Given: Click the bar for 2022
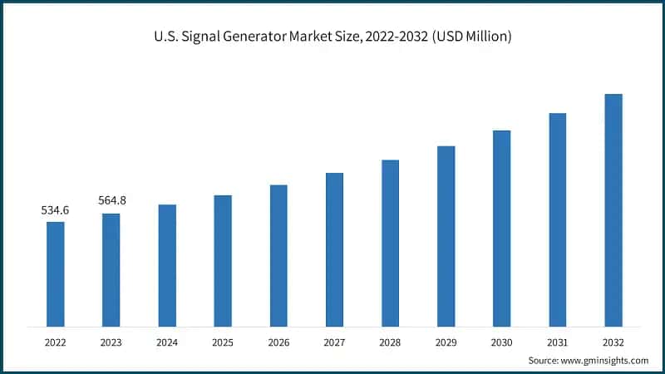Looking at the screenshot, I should pos(55,273).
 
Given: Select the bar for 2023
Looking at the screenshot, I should pos(111,269).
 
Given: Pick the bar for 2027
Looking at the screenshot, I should pos(334,249).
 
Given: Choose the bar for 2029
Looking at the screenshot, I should pos(446,236).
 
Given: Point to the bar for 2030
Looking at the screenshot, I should pos(501,228).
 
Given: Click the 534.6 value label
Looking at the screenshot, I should pos(55,210).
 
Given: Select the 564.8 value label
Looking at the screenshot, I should pos(111,201).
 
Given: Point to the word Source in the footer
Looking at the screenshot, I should pos(544,360).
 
